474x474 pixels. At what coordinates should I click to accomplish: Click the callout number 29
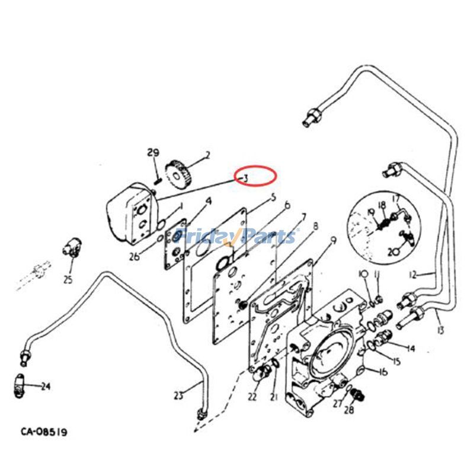[153, 153]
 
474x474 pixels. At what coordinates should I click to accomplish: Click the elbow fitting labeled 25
[72, 249]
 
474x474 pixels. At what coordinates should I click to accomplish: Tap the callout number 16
[383, 371]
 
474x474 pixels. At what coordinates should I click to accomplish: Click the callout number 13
[440, 329]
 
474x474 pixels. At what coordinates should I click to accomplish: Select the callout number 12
[413, 274]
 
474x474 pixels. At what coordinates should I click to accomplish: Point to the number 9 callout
[333, 241]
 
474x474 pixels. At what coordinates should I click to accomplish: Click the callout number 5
[273, 197]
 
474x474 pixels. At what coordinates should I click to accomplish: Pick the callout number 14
[410, 348]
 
